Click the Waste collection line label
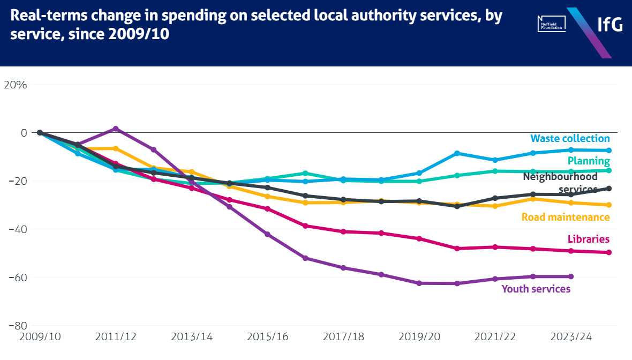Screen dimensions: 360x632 570,139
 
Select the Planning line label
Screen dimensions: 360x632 588,161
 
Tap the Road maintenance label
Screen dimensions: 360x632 566,217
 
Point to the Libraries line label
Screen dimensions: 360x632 589,239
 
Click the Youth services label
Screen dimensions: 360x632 536,289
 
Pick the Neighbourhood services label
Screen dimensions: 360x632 560,182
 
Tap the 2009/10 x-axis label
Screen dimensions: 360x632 40,337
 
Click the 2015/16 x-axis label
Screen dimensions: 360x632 267,337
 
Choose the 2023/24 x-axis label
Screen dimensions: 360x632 571,337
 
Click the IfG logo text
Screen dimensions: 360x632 610,24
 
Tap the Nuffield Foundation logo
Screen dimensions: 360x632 552,24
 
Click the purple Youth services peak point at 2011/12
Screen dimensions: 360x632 116,129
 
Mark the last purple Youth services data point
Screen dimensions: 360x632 571,276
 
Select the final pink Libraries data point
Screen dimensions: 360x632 609,252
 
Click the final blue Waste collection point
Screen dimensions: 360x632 609,151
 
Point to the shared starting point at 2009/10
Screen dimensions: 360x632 40,133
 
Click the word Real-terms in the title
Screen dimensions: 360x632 43,16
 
